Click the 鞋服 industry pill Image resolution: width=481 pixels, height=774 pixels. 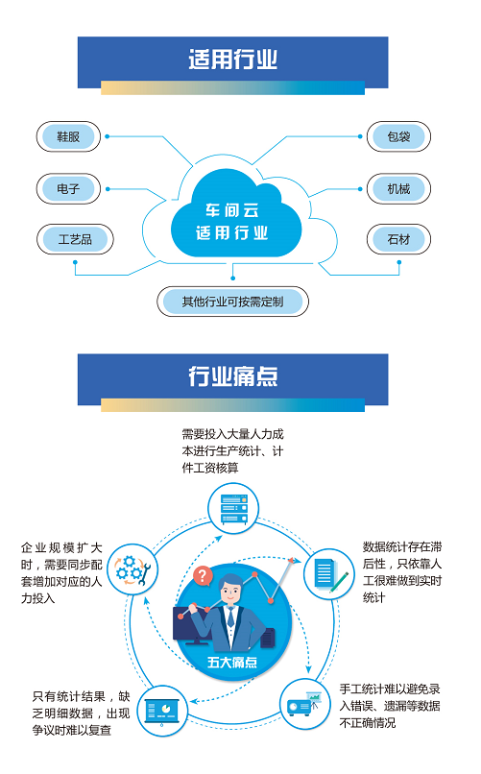coord(68,136)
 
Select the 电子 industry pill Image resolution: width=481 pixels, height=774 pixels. coord(68,188)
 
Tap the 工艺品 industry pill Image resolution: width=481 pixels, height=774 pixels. coord(75,239)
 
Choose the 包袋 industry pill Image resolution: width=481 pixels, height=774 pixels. coord(398,136)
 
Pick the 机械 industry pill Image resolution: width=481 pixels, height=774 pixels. coord(398,188)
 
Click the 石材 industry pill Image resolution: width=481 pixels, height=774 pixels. coord(398,239)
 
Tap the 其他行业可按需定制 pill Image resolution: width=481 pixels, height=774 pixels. coord(233,302)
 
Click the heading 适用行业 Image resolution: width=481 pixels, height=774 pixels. coord(233,60)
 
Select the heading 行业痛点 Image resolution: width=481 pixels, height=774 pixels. coord(233,376)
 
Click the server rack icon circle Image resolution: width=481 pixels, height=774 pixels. coord(233,508)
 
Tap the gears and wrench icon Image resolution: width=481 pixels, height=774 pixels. coord(132,569)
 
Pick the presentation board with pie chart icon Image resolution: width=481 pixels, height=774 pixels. coord(162,712)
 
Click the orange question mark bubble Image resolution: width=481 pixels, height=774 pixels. coord(203,575)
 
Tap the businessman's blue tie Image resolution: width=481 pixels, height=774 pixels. coord(230,617)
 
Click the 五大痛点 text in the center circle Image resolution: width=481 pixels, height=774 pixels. coord(232,662)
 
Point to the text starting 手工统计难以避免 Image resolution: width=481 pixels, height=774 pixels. coord(390,706)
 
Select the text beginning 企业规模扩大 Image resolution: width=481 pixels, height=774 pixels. coord(61,573)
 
